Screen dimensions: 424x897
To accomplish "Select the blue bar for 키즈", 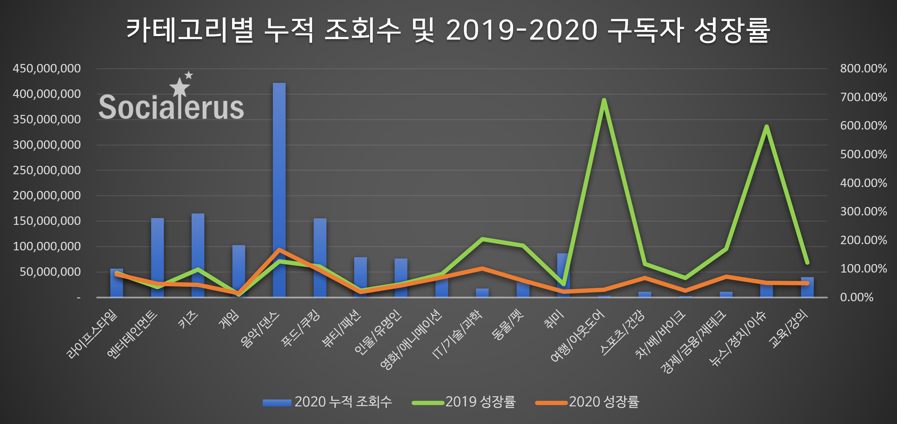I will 198,251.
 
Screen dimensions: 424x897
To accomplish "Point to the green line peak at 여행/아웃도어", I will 604,100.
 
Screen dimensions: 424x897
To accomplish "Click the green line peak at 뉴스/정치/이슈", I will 766,126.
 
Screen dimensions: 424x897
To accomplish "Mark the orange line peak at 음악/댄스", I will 279,250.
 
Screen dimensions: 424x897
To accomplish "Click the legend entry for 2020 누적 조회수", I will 327,402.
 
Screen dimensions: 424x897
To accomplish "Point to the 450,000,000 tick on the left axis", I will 47,68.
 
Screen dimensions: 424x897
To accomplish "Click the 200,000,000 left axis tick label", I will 47,195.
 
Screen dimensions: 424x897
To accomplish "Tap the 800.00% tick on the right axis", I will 863,68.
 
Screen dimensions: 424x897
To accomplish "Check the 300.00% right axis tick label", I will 863,211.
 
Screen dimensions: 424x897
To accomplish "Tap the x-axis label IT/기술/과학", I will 457,334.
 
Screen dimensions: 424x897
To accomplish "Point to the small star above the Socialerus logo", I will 189,75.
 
